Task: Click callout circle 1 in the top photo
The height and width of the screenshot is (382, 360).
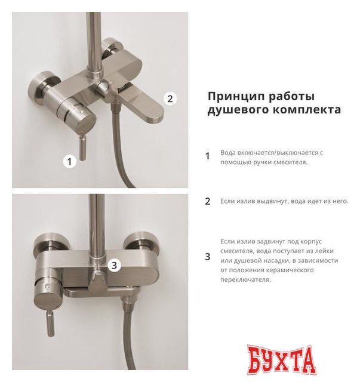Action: point(70,161)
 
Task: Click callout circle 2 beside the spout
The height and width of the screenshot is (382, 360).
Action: point(170,98)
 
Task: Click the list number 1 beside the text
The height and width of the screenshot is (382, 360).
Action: point(208,156)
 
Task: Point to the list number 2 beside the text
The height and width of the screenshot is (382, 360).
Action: point(208,201)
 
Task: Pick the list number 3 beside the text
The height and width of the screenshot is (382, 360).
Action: point(208,257)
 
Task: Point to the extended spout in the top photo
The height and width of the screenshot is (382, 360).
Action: point(144,107)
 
